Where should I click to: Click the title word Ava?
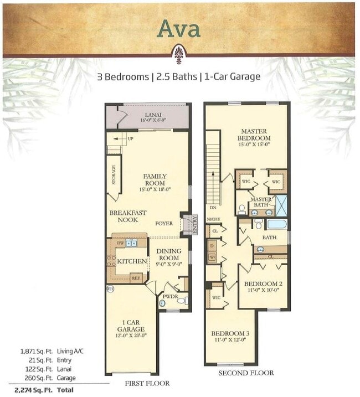click(178, 29)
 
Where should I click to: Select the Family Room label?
click(155, 180)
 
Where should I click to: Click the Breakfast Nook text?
click(127, 216)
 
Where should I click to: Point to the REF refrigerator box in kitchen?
click(136, 279)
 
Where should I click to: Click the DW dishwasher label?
click(120, 243)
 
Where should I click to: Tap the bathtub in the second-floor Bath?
click(277, 225)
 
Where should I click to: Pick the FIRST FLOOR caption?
click(147, 383)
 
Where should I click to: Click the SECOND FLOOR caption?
click(246, 373)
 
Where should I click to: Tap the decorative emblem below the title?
click(178, 56)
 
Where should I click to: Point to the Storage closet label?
click(114, 175)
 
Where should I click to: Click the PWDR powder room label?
click(168, 296)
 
